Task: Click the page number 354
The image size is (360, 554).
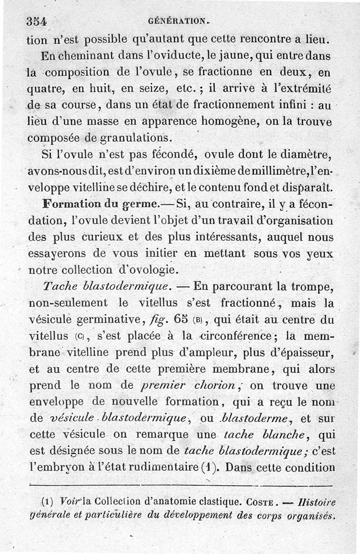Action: point(37,21)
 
